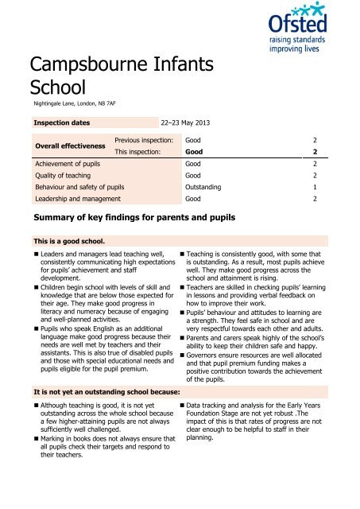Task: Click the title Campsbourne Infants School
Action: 98,73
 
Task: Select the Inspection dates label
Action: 60,123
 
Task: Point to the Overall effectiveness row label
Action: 66,145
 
